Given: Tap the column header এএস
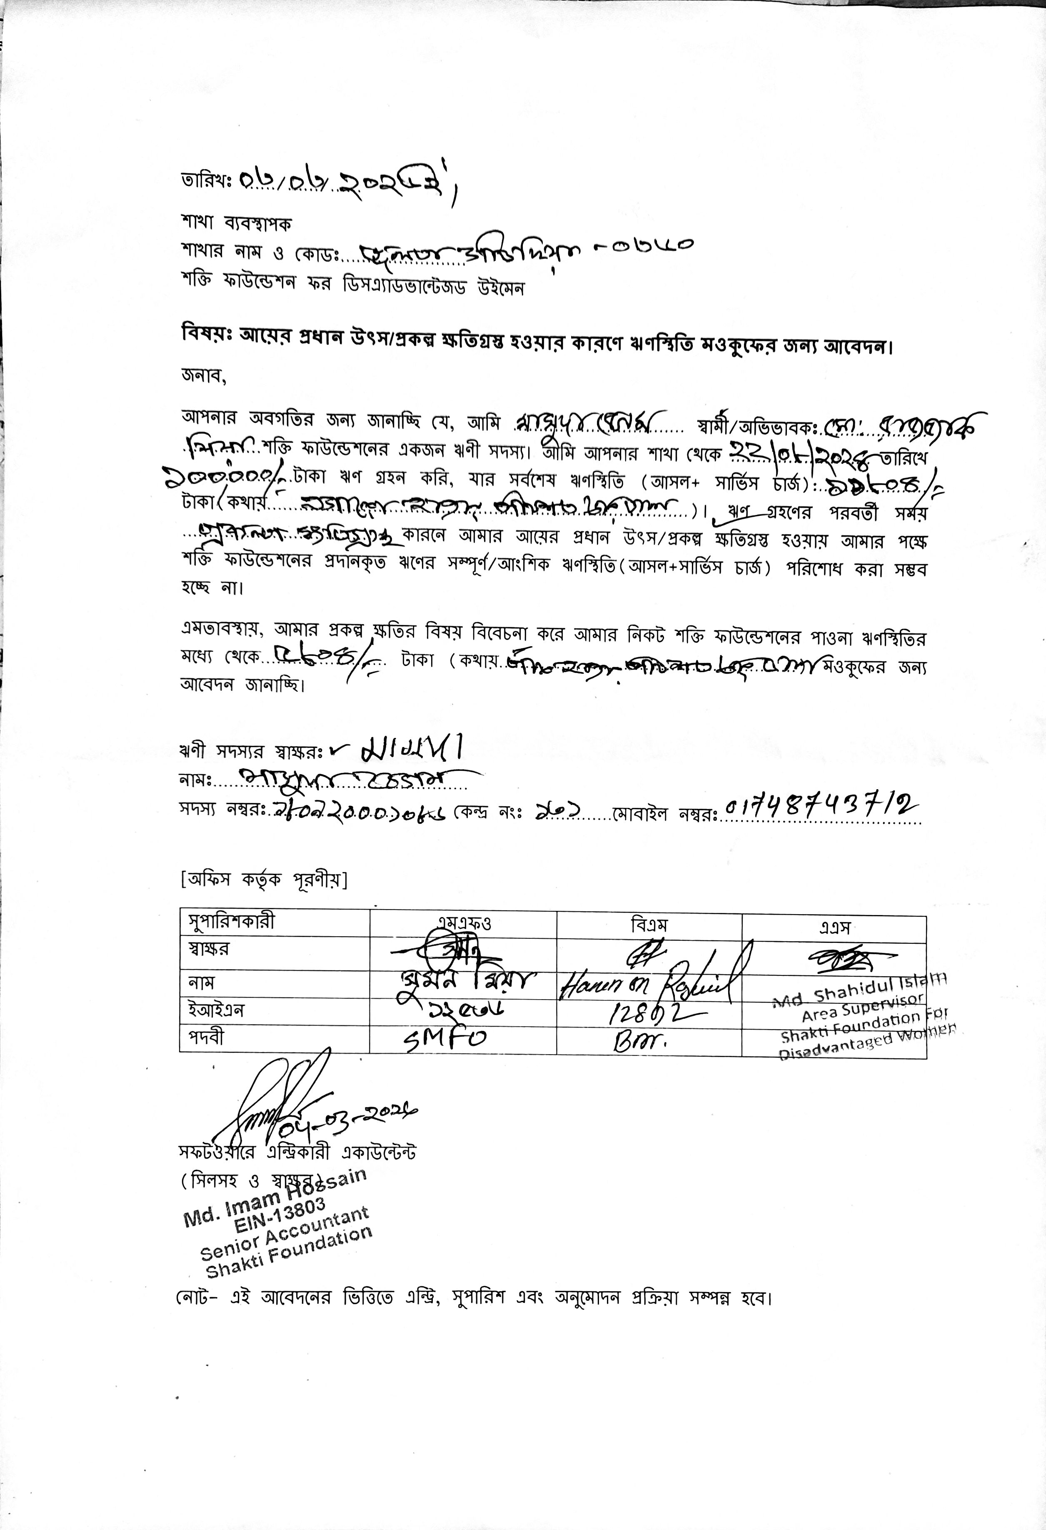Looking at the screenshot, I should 834,927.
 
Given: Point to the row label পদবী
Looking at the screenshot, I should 207,1037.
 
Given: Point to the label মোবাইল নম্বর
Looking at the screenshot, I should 665,815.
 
